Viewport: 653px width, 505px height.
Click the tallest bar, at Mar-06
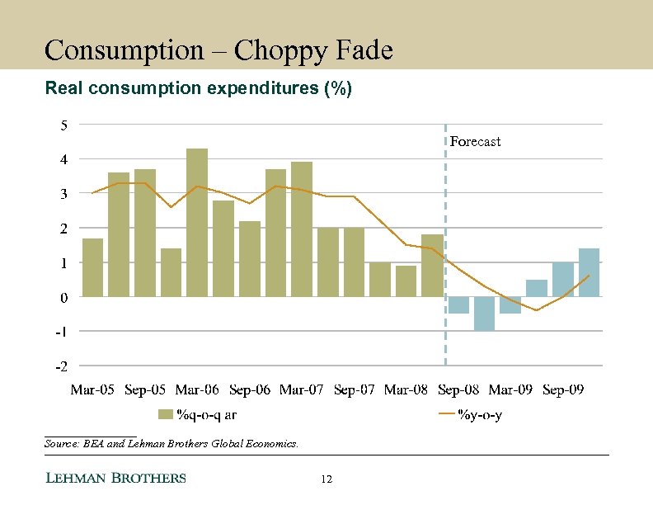[x=197, y=222]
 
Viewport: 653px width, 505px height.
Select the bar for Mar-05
[x=93, y=267]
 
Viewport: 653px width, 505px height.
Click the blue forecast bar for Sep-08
[x=458, y=304]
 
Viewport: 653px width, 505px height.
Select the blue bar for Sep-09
[x=562, y=280]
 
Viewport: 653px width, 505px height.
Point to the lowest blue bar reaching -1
[x=484, y=314]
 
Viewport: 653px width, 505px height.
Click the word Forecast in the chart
[x=475, y=142]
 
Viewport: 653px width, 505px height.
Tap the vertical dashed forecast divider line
[x=445, y=248]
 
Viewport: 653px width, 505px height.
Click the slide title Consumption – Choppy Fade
[x=218, y=50]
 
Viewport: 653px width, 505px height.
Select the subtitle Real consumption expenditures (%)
[x=198, y=87]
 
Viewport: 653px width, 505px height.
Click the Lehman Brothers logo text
[x=115, y=479]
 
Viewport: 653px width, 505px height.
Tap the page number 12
[x=326, y=479]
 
